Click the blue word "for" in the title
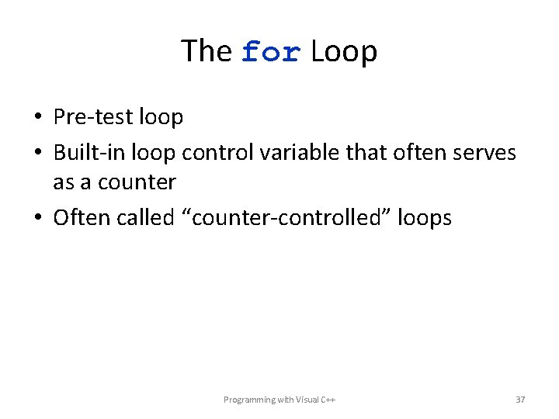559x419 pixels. (270, 52)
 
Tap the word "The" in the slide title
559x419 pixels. (207, 51)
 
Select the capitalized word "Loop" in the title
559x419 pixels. (344, 52)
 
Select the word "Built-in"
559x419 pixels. (88, 153)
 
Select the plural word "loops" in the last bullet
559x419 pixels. (424, 218)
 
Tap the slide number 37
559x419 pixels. (520, 400)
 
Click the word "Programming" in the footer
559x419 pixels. (249, 400)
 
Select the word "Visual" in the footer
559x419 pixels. (305, 400)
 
